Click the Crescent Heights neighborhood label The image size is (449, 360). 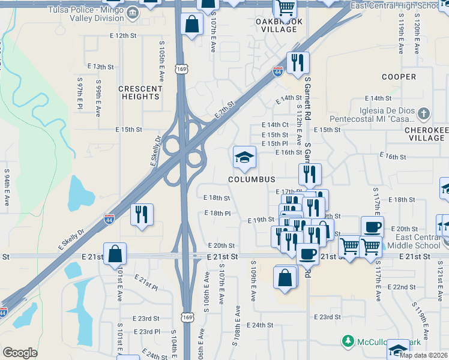pyautogui.click(x=140, y=92)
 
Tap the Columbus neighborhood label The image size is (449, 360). pyautogui.click(x=252, y=179)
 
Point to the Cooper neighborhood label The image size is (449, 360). pyautogui.click(x=399, y=77)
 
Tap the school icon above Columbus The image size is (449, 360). pyautogui.click(x=244, y=157)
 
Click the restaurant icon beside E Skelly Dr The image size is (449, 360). pyautogui.click(x=142, y=214)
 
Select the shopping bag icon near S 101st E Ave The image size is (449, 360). pyautogui.click(x=115, y=253)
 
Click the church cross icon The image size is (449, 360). pyautogui.click(x=424, y=113)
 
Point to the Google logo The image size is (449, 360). pyautogui.click(x=20, y=352)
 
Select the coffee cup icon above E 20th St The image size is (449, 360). pyautogui.click(x=372, y=227)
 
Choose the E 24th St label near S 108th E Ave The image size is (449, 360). pyautogui.click(x=259, y=325)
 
